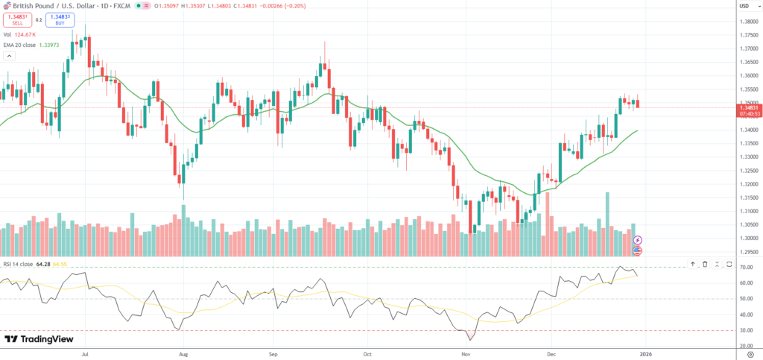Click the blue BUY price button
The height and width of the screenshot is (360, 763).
(x=60, y=19)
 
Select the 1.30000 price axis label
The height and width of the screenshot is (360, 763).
(x=748, y=238)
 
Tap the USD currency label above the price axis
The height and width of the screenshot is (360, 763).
(x=744, y=6)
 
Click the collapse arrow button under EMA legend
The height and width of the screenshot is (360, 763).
(x=9, y=55)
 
